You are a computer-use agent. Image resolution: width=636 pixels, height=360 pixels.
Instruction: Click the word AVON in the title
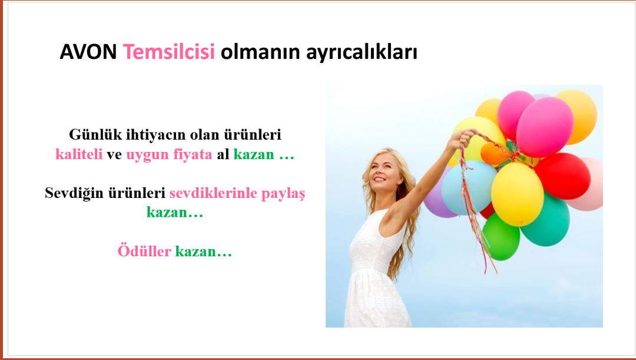(88, 51)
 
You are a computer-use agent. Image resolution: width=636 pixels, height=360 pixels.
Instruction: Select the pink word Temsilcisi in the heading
(169, 51)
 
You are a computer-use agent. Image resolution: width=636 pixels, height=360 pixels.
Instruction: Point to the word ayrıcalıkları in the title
(362, 52)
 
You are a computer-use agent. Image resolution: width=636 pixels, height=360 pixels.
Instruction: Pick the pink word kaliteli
(79, 154)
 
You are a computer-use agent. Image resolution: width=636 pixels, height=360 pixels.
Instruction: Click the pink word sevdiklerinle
(213, 193)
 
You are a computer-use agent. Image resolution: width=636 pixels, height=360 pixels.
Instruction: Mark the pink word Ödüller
(144, 251)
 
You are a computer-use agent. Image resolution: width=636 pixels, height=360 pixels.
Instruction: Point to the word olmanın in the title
(260, 52)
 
